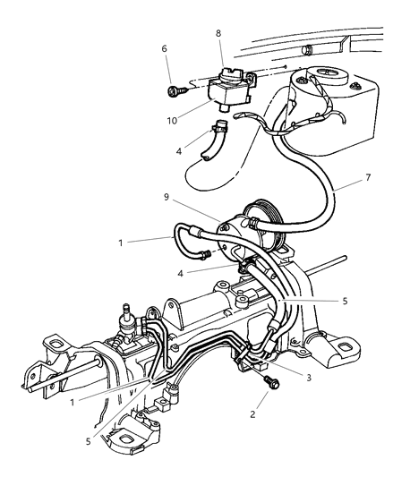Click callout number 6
[165, 48]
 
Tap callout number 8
[218, 33]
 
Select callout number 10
[172, 121]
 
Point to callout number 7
[368, 177]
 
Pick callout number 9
[167, 197]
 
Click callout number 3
[309, 378]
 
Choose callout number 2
[252, 414]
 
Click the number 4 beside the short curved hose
[179, 151]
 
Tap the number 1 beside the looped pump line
[121, 243]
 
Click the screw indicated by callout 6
[177, 90]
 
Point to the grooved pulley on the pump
[264, 219]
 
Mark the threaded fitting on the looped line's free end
[203, 255]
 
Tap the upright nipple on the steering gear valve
[125, 311]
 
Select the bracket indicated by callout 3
[243, 356]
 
